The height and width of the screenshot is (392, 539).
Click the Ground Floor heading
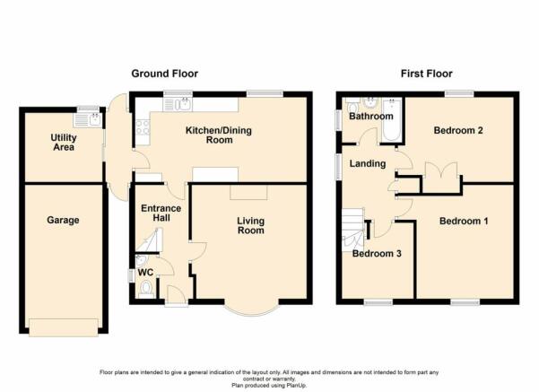tap(165, 74)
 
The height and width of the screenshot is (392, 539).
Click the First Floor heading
tap(426, 74)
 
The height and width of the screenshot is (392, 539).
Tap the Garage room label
tap(63, 220)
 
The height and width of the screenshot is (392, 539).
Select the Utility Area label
tap(64, 143)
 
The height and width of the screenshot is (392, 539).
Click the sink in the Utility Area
tap(87, 120)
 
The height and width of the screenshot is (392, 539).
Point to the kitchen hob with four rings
tap(143, 127)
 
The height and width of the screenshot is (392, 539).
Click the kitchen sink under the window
tap(178, 104)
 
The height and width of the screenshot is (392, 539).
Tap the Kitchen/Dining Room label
tap(219, 135)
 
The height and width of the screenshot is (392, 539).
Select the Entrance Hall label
tap(161, 213)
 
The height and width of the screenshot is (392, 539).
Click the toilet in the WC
tap(146, 289)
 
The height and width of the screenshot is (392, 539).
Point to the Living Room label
tap(251, 225)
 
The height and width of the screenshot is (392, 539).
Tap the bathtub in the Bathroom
tap(392, 119)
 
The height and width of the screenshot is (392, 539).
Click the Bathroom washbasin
tap(370, 102)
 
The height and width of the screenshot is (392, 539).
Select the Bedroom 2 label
tap(458, 130)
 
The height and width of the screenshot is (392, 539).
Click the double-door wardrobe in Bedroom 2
tap(441, 178)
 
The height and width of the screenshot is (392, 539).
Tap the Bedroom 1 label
tap(464, 221)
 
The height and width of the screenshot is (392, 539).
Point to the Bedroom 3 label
tap(377, 254)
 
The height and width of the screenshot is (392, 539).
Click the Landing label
tap(368, 163)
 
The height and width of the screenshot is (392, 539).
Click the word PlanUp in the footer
tap(298, 386)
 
